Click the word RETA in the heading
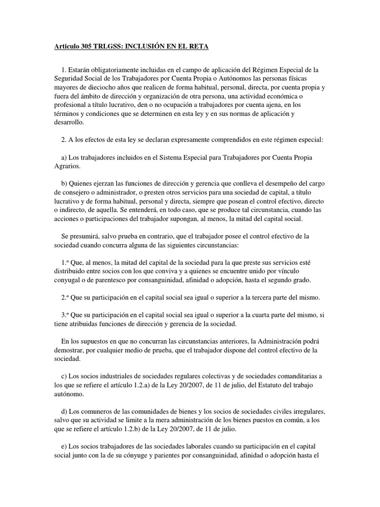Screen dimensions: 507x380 click(198, 47)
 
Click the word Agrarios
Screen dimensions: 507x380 click(67, 166)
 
